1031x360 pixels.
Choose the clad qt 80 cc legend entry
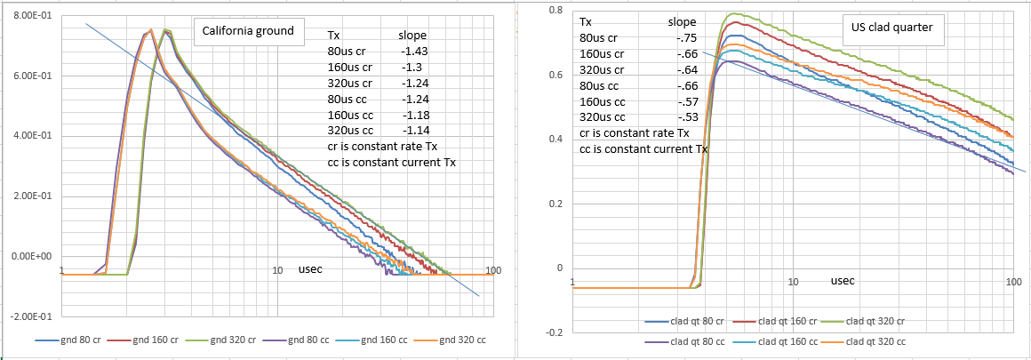(x=698, y=340)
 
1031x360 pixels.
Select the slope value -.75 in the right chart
(x=684, y=37)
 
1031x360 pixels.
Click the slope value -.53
(x=684, y=117)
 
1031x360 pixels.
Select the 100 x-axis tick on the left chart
(x=494, y=270)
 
